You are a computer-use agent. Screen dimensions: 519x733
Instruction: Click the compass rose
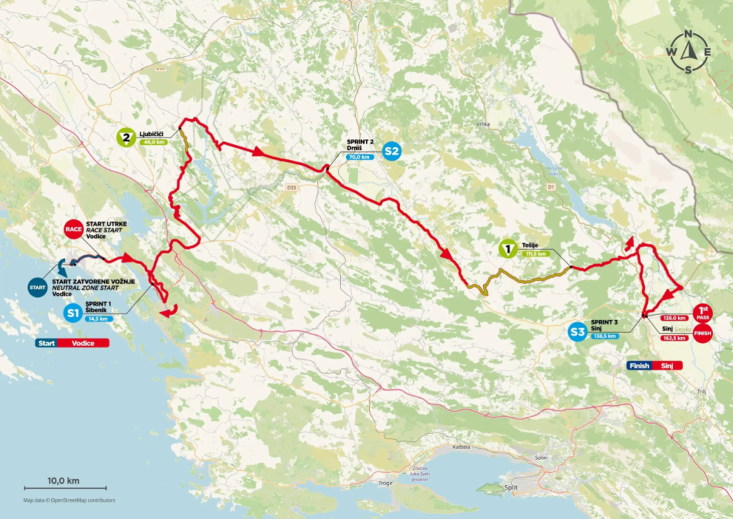688,52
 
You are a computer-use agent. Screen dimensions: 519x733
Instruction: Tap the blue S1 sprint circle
72,313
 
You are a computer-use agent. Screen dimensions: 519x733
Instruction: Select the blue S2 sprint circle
392,151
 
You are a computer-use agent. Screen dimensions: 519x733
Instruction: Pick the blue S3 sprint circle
577,332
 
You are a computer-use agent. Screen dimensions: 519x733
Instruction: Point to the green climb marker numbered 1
508,249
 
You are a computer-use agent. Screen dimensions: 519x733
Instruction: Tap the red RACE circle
74,229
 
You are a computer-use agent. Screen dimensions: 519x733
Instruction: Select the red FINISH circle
703,333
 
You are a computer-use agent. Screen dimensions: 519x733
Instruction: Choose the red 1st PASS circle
703,313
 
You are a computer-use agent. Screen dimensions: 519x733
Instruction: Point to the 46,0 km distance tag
152,142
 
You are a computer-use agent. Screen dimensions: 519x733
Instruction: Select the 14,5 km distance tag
97,318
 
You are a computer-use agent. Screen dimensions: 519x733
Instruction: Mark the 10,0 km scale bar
63,488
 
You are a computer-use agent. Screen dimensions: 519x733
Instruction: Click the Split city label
512,487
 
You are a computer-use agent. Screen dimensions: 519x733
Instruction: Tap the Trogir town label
385,483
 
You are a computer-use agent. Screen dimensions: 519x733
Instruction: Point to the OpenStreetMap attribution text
69,500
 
